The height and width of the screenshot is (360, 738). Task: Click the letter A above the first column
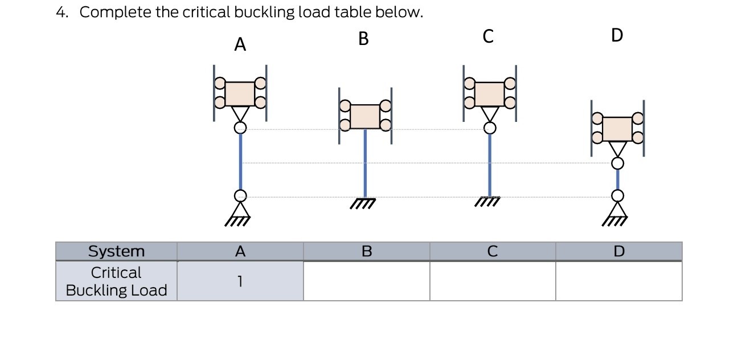(x=240, y=45)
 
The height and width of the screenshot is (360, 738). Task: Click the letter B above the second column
(x=364, y=39)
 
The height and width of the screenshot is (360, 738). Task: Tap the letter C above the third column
(x=487, y=36)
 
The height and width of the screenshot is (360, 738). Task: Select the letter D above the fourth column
(x=617, y=35)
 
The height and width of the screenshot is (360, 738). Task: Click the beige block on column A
(x=240, y=93)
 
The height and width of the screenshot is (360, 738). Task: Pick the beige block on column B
(x=365, y=116)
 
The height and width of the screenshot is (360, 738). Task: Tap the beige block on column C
(x=489, y=94)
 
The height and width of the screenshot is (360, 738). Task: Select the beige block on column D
(x=617, y=129)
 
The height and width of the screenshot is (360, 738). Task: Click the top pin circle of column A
(x=240, y=128)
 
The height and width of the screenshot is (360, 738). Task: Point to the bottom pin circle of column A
(x=240, y=196)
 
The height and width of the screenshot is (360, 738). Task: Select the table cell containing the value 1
(x=240, y=281)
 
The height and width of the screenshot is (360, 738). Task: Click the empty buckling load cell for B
(x=366, y=281)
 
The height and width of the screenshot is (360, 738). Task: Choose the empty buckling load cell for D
(x=618, y=281)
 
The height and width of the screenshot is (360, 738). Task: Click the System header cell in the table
(x=116, y=251)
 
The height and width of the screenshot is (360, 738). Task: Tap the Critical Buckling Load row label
(x=116, y=281)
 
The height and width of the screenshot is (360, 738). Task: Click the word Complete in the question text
(x=116, y=13)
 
